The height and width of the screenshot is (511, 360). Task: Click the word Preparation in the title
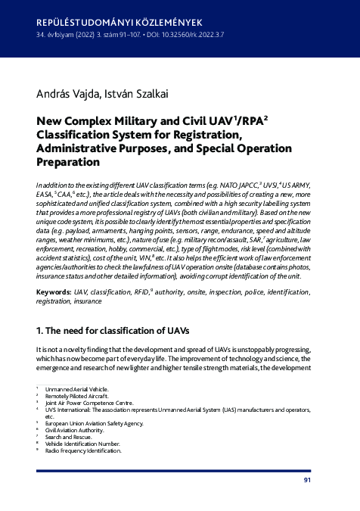coord(70,161)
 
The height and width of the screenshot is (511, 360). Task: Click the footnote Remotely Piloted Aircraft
coord(79,396)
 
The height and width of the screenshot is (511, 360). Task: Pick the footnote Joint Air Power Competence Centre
coord(89,403)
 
